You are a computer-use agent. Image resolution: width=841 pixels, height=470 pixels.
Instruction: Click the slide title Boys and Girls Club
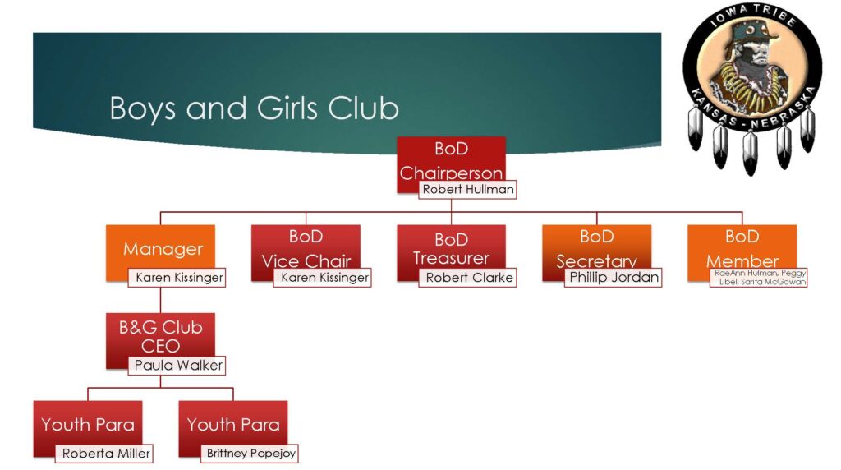pos(254,108)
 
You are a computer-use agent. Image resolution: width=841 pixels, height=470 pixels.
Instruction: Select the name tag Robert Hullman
pos(468,190)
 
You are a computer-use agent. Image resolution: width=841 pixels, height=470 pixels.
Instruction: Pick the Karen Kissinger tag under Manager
pos(177,278)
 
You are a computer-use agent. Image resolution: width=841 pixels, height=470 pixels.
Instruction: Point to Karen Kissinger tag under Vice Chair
pos(323,278)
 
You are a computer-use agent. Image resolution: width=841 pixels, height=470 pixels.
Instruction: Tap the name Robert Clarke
pos(468,278)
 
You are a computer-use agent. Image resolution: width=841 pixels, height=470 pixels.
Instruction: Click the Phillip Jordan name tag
pos(614,278)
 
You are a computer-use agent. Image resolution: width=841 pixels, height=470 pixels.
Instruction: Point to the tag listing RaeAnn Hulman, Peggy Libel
pos(760,277)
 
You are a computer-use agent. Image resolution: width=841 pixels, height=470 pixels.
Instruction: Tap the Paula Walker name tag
pos(177,365)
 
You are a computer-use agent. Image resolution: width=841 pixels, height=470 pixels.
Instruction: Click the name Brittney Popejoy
pos(250,453)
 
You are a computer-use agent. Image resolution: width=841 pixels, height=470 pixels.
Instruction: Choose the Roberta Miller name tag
pos(105,453)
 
